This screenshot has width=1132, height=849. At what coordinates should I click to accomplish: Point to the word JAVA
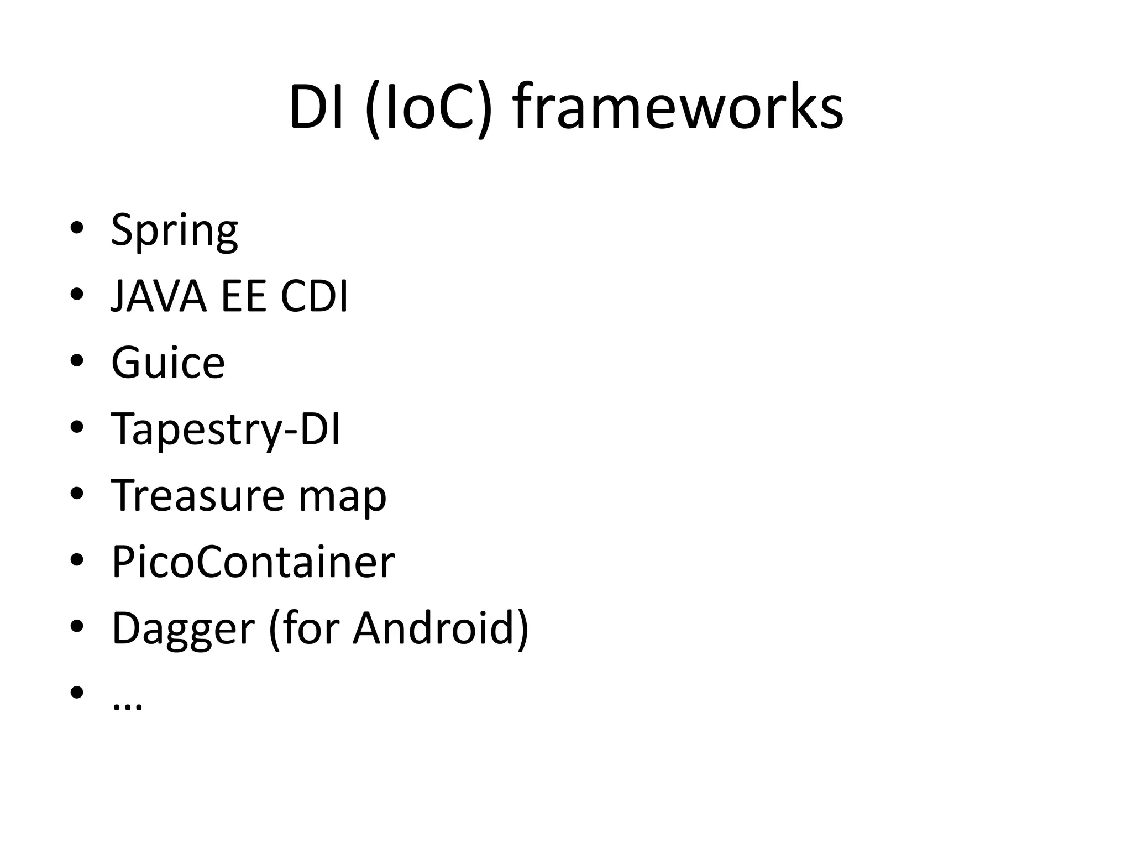[x=159, y=297]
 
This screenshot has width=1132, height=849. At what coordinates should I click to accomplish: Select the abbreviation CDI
[x=314, y=297]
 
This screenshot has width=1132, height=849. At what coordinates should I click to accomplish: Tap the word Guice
[x=168, y=363]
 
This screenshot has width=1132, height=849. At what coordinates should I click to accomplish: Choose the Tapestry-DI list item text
[x=226, y=429]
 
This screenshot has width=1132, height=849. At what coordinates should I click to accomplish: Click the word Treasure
[x=197, y=495]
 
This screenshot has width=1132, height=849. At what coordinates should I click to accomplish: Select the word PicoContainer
[x=253, y=562]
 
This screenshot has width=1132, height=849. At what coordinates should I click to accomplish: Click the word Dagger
[x=183, y=629]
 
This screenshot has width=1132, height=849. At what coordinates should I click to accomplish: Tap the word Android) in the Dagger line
[x=441, y=628]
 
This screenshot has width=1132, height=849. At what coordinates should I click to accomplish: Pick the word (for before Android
[x=303, y=628]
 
